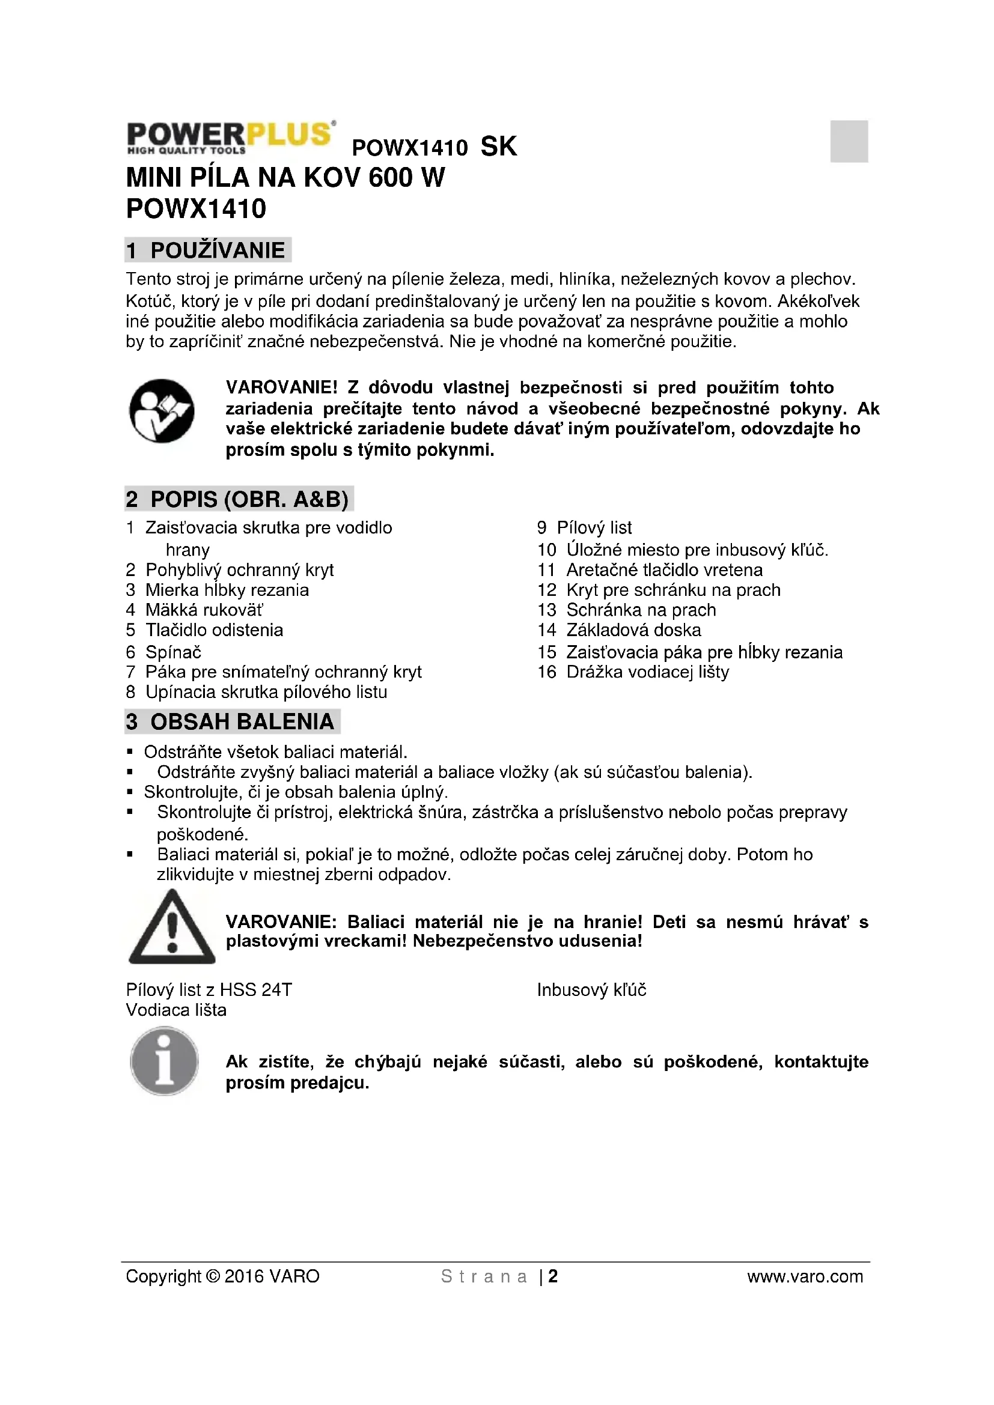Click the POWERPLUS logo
coord(231,136)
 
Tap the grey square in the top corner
coord(849,141)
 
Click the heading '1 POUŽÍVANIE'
coord(207,250)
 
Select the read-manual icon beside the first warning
coord(162,411)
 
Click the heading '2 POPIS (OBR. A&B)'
coord(239,499)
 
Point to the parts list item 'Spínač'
coord(173,652)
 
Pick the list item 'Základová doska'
coord(633,630)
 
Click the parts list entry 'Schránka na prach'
coord(641,610)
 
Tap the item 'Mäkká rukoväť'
coord(204,610)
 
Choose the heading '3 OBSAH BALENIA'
coord(232,721)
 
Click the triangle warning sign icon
coord(172,927)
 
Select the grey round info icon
coord(164,1061)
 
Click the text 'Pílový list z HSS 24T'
coord(209,989)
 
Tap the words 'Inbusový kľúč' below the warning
coord(591,989)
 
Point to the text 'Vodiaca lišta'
coord(176,1010)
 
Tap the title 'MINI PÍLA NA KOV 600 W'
coord(285,177)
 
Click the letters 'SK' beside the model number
coord(499,146)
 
